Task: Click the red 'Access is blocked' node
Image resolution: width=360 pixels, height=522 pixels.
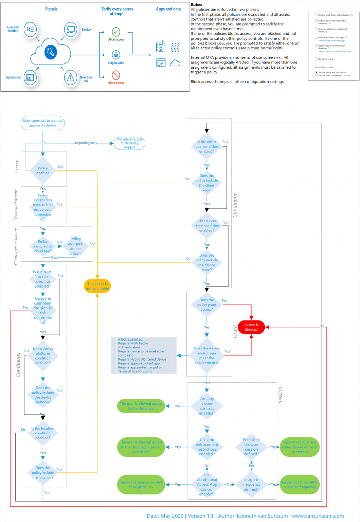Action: coord(251,327)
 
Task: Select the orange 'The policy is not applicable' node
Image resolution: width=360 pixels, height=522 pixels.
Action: coord(97,286)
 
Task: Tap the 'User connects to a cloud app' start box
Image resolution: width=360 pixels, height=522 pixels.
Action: coord(43,123)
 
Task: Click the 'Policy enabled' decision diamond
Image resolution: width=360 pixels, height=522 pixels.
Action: coord(43,171)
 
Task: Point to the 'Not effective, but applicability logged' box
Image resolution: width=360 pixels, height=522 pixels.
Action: coord(129,143)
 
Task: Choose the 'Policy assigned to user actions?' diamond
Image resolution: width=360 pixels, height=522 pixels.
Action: coord(76,246)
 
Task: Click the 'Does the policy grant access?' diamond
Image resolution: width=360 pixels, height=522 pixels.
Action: coord(206,305)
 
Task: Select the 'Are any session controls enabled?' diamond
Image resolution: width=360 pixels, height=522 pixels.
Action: coord(207,406)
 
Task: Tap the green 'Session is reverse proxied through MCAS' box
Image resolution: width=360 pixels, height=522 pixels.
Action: coord(141,485)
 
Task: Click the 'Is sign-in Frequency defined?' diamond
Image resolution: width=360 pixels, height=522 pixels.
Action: coord(251,485)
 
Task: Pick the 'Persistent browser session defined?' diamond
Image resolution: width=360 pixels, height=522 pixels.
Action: coord(251,447)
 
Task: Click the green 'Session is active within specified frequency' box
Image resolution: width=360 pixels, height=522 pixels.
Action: coord(300,485)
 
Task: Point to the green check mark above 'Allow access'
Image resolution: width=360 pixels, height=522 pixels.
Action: coord(116,32)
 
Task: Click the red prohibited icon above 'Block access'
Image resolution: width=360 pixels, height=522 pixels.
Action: coord(116,75)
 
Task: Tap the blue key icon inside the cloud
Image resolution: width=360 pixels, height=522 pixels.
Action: coord(51,52)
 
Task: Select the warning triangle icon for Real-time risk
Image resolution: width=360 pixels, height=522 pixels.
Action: coord(71,78)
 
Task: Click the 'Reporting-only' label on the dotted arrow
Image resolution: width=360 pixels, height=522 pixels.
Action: coord(86,143)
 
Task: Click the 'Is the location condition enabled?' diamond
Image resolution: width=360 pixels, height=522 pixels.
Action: coord(43,433)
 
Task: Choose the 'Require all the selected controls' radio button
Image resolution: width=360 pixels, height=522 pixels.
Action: coord(317,72)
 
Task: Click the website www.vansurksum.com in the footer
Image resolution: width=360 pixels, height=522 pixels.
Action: coord(318,516)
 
